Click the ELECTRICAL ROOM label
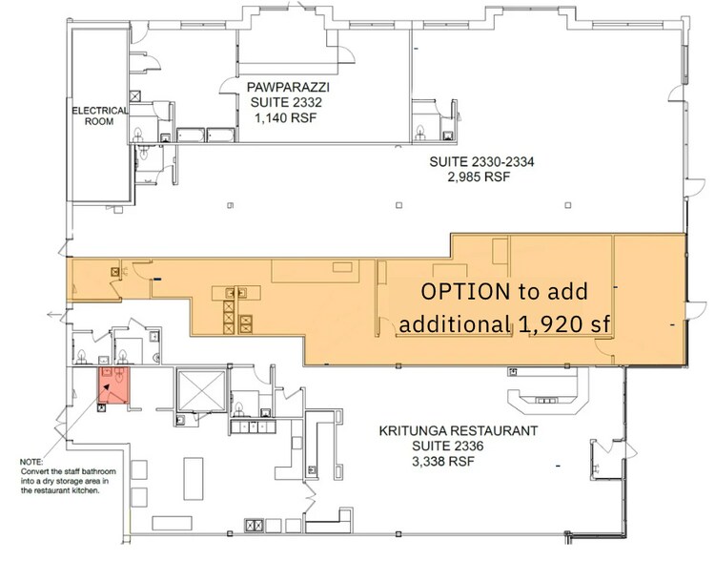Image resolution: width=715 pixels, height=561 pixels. [99, 116]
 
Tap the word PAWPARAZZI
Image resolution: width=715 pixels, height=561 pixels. [288, 87]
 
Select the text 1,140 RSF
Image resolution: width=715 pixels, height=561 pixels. [285, 117]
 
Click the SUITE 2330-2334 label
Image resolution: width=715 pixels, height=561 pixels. [481, 161]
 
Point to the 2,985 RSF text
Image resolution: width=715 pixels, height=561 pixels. [479, 177]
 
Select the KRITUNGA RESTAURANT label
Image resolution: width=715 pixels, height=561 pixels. [459, 430]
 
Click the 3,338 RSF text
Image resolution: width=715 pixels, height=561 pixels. [443, 461]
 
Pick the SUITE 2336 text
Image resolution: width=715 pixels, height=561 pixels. [448, 446]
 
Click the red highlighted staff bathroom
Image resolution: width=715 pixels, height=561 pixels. [114, 384]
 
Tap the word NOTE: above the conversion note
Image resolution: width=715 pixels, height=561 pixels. [31, 462]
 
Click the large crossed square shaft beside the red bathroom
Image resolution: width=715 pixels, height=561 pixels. [201, 391]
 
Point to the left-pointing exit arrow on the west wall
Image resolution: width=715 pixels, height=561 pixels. [55, 314]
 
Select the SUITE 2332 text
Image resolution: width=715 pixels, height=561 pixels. [286, 102]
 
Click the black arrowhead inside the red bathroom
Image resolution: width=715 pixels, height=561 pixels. [107, 387]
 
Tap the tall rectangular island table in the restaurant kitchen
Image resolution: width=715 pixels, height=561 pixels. [194, 479]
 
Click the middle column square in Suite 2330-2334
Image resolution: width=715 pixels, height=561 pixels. [399, 205]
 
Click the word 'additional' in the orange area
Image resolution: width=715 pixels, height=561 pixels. [455, 324]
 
